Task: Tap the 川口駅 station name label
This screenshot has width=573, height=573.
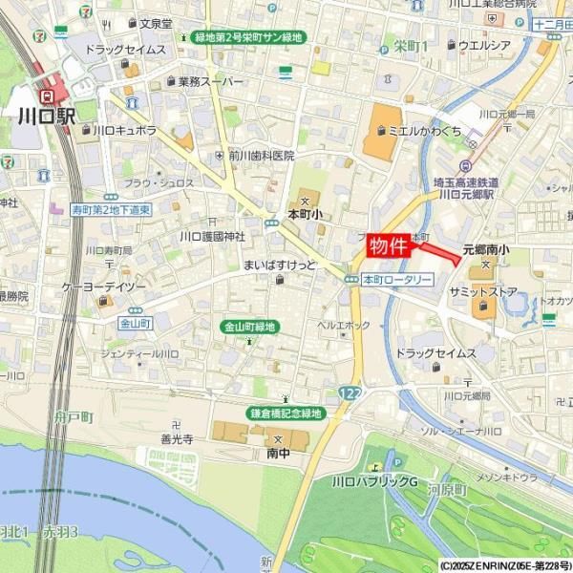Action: tap(45, 117)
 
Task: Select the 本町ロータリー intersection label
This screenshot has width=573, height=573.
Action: tap(397, 279)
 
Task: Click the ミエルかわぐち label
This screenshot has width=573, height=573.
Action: tap(425, 131)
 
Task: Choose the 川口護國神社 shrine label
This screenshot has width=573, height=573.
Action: tap(212, 235)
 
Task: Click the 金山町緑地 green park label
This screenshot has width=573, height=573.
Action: tap(249, 327)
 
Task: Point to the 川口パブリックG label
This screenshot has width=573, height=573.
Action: tap(375, 480)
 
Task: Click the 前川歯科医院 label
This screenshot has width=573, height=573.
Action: tap(260, 156)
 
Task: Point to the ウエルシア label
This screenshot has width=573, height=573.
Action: tap(485, 45)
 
